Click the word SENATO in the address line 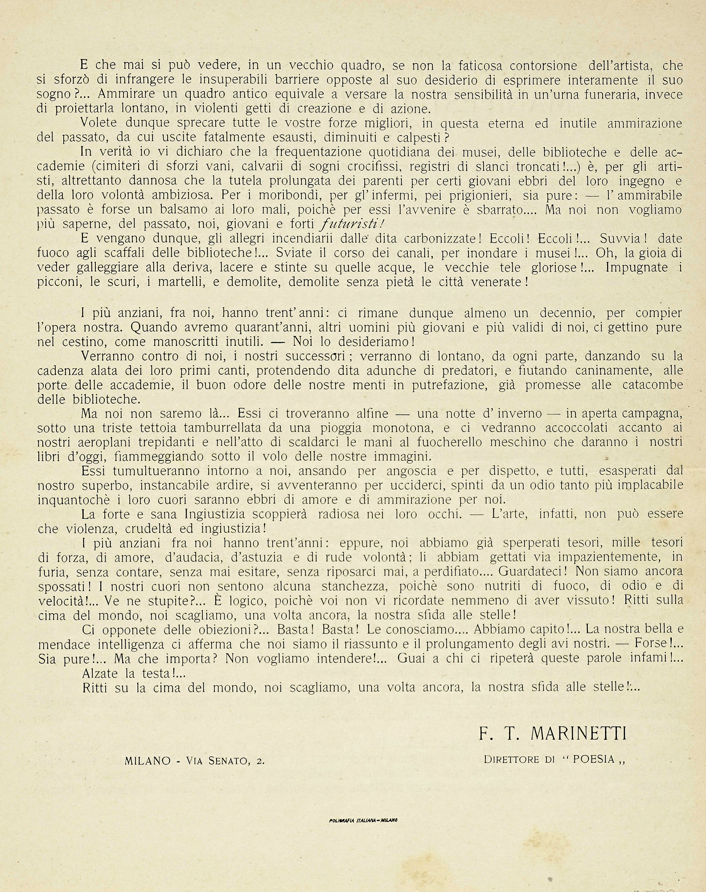tap(223, 761)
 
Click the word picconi tap(57, 282)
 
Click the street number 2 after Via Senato tap(260, 761)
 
